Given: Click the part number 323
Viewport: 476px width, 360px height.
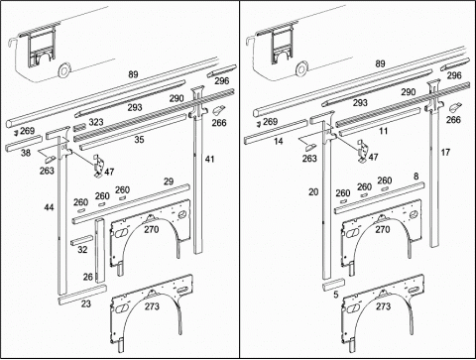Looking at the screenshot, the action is click(96, 122).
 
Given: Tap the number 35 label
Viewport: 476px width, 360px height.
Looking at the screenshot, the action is click(139, 140).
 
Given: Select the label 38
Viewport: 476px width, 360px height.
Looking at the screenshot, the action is click(26, 153).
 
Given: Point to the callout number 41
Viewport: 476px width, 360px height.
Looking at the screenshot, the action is click(210, 159).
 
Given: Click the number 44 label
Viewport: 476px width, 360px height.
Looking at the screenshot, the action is click(49, 207).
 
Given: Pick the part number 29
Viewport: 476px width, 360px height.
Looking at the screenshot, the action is click(169, 181).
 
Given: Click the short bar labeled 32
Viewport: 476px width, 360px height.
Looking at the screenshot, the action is click(82, 241).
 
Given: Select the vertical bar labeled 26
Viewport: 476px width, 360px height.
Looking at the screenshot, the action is click(100, 251).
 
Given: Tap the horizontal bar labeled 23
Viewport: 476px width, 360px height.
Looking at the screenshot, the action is click(82, 294).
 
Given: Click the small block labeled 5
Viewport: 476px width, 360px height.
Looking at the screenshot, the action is click(334, 284).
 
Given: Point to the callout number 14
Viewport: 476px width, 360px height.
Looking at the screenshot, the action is click(279, 142).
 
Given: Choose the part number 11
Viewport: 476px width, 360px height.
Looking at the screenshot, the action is click(383, 131).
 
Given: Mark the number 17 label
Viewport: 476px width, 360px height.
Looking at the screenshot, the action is click(445, 152).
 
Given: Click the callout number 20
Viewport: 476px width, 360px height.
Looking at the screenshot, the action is click(313, 191).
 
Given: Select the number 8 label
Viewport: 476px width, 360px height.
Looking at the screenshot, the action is click(416, 176).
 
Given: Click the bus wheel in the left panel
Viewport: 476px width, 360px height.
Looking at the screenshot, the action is click(62, 70).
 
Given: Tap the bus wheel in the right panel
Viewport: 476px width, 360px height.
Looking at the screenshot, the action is click(301, 68).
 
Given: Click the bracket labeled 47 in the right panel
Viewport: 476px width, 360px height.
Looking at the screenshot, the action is click(363, 151).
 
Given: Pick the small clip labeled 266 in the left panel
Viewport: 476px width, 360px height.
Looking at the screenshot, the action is click(218, 109).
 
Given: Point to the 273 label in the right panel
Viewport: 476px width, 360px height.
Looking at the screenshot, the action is click(383, 306).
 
